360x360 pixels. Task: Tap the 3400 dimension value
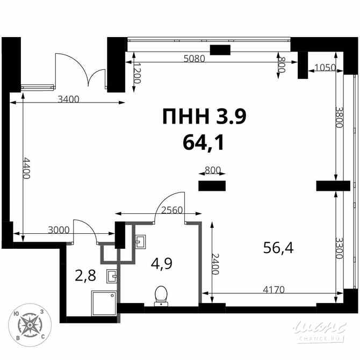[x=68, y=99]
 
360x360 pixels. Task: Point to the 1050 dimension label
[x=325, y=68]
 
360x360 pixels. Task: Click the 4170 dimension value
[x=273, y=290]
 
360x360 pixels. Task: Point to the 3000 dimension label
[x=59, y=231]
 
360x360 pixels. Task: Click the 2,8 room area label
[x=85, y=277]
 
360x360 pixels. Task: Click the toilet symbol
[x=161, y=296]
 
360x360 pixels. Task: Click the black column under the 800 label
[x=212, y=186]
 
